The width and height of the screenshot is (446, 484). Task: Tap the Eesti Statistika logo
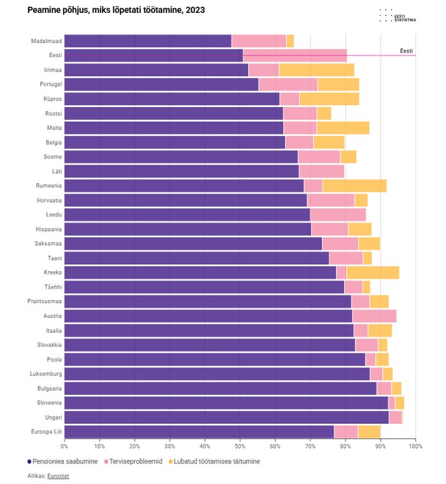(397, 16)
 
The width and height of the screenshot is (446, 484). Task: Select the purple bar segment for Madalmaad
(147, 41)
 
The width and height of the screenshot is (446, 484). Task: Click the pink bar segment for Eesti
(295, 56)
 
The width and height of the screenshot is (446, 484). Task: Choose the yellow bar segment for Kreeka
(372, 272)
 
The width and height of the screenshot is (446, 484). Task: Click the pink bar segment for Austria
(374, 316)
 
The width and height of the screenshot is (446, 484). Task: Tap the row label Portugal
(51, 85)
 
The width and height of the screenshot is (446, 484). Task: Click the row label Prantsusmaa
(45, 301)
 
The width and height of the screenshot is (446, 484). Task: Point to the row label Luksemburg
(45, 374)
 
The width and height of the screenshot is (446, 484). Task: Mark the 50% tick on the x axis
(240, 446)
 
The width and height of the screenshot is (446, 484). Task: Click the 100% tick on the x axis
(415, 446)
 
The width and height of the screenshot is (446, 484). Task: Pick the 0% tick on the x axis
(64, 446)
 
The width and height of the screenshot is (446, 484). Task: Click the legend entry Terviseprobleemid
(135, 461)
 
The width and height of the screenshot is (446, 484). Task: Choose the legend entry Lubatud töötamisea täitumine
(215, 461)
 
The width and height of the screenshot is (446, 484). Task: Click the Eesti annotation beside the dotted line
(406, 51)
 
